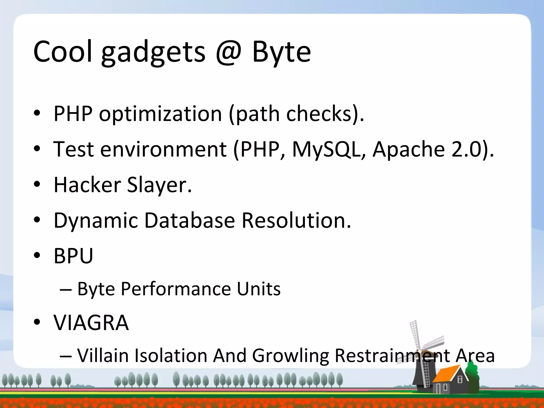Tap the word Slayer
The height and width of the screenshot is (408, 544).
coord(159,185)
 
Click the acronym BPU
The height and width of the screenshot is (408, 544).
coord(73,256)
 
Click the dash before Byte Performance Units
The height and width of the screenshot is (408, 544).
coord(66,289)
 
